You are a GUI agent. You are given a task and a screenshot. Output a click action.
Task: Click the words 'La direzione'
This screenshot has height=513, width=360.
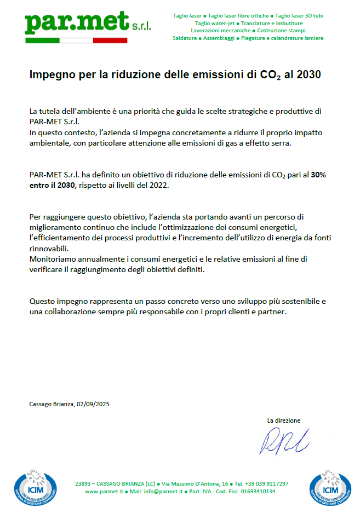(284, 420)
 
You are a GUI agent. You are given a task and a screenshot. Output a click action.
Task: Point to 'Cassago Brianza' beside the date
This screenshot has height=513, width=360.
(52, 404)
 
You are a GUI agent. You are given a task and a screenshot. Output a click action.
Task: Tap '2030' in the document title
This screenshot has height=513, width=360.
(308, 75)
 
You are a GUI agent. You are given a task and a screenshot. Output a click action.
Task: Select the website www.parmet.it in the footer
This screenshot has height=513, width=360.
(104, 492)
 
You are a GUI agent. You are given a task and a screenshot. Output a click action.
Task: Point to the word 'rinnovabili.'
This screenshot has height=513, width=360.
(48, 248)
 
